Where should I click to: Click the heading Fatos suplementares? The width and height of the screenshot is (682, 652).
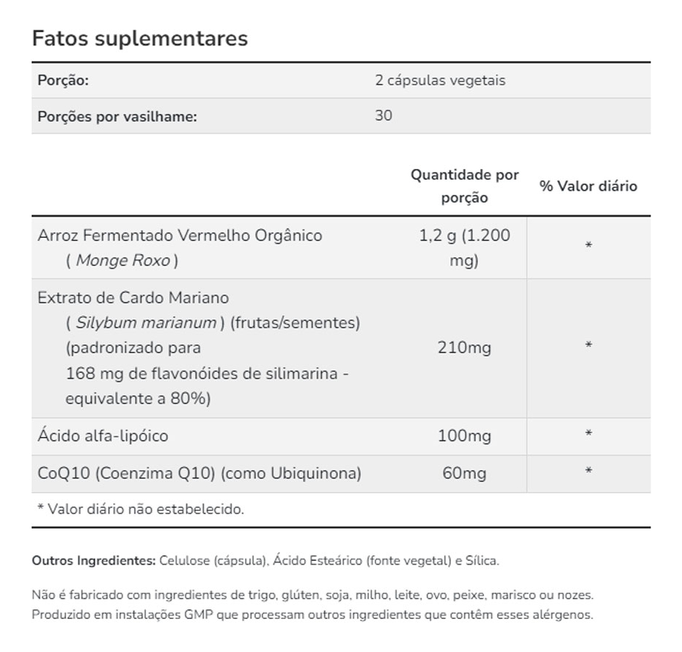[x=139, y=38]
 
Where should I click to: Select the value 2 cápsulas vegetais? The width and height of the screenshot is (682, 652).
[x=440, y=80]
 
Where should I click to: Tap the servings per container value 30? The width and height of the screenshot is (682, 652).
[x=384, y=116]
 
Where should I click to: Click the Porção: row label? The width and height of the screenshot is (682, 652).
[x=63, y=80]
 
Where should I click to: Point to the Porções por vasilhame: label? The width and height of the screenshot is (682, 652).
[x=117, y=117]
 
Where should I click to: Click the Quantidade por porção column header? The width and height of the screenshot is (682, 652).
[x=464, y=186]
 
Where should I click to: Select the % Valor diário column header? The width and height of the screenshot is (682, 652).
[x=588, y=186]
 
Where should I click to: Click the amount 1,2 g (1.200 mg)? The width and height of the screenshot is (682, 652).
[x=464, y=247]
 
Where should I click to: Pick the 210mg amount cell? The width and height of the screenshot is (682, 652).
[x=464, y=347]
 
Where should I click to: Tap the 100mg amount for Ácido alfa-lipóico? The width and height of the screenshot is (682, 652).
[x=464, y=436]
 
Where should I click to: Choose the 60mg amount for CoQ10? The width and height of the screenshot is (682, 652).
[x=464, y=474]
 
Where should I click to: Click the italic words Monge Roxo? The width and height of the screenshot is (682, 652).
[x=122, y=261]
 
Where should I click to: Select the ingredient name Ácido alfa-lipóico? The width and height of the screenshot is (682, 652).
[x=103, y=436]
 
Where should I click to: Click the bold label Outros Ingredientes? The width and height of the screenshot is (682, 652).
[x=93, y=561]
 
